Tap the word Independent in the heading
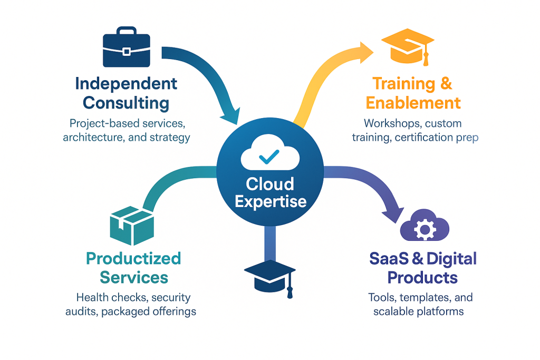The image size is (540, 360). coord(126,83)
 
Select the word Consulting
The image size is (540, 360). coord(126,102)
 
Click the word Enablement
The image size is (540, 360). coord(413,102)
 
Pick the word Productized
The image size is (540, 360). coord(133,258)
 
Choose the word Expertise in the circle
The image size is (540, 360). coord(270,201)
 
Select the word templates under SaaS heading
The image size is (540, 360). coord(419,297)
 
